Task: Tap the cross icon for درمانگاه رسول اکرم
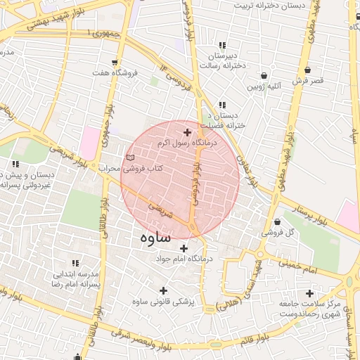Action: [186, 131]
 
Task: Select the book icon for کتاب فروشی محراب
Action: [128, 157]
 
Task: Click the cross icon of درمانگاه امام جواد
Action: [184, 247]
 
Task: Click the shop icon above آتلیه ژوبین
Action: [263, 75]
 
